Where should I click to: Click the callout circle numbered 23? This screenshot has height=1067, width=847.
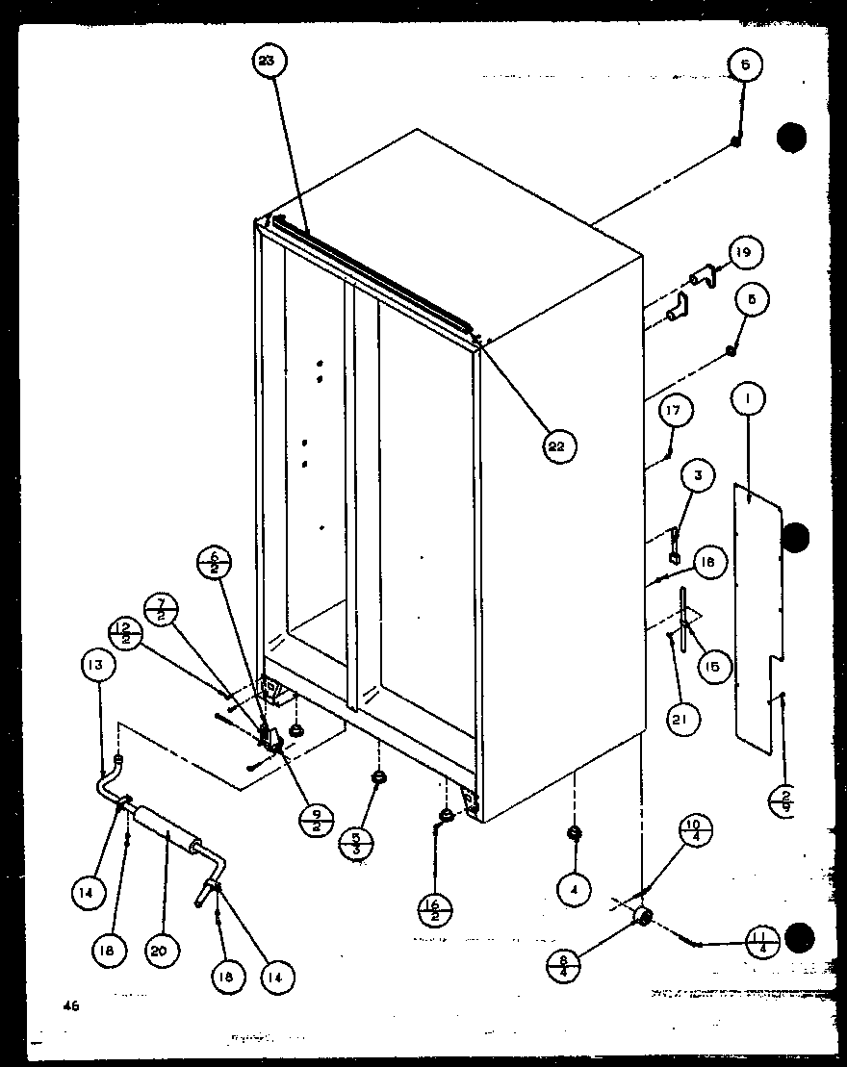pos(267,62)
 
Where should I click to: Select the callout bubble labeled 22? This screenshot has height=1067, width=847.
pos(556,445)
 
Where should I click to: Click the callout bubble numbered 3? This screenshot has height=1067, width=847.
pos(698,474)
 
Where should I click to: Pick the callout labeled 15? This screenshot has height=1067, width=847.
pos(713,666)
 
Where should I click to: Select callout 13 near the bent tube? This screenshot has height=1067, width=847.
pos(99,665)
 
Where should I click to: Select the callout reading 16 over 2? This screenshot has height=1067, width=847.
pos(436,907)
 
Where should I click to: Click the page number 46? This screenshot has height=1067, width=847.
pos(70,1006)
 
